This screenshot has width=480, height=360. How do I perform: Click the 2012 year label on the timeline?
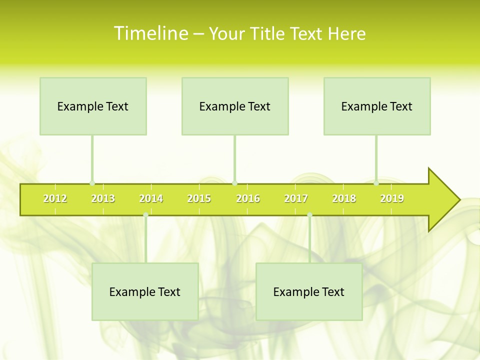[55, 198]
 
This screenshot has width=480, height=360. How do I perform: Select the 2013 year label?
[103, 198]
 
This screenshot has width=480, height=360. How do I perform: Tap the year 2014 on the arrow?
[151, 198]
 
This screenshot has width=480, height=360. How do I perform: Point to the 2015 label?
[199, 198]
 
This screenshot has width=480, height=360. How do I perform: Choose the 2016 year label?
[248, 198]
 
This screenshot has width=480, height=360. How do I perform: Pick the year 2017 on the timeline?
[296, 198]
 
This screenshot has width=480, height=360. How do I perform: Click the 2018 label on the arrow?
[344, 198]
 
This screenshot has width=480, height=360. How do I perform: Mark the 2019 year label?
[392, 198]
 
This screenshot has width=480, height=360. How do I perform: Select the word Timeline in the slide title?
[150, 33]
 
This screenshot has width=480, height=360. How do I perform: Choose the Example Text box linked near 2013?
[93, 106]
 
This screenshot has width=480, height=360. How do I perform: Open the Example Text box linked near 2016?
[235, 106]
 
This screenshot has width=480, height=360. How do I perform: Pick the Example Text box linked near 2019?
[377, 106]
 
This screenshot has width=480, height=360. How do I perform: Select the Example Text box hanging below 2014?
[145, 291]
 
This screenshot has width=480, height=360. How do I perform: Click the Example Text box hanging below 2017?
[309, 291]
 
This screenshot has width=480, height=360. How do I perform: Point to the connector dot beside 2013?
[92, 183]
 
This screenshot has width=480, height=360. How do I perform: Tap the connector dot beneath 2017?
[309, 215]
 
